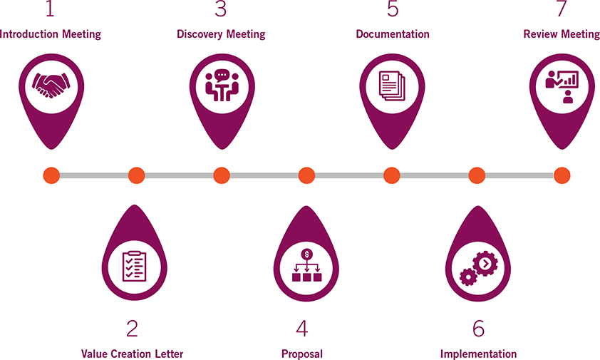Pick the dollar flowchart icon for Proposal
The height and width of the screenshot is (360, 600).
[306, 266]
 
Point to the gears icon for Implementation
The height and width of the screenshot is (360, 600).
[477, 267]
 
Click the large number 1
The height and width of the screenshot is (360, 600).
[49, 9]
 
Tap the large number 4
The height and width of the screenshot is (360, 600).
[302, 328]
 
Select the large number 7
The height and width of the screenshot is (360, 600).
[561, 9]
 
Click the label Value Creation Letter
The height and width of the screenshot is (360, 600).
[132, 354]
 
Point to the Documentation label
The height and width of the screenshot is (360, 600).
[393, 34]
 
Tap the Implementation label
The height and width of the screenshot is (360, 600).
[478, 354]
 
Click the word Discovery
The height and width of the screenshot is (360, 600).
[199, 34]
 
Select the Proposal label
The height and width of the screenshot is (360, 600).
[302, 354]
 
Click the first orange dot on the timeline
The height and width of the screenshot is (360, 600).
[51, 175]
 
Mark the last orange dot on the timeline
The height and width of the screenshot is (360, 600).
[562, 175]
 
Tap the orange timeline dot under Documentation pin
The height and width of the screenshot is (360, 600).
[391, 175]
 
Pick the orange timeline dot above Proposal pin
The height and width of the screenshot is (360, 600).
[306, 175]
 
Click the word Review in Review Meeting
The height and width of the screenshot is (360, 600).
[539, 34]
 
